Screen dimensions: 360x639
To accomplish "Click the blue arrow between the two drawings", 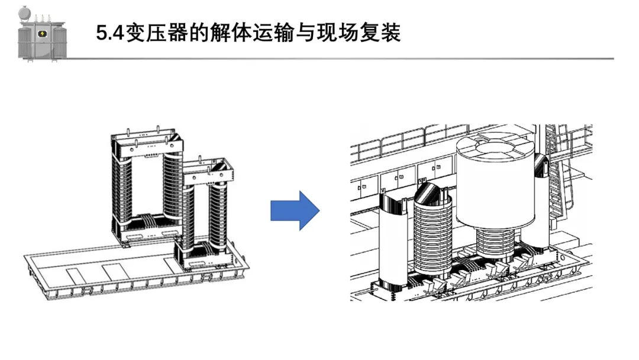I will tap(295, 210).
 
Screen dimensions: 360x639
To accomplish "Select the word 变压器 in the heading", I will tap(154, 33).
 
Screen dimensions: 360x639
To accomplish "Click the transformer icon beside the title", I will tap(41, 34).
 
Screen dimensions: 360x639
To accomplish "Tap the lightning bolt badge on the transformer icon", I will tap(43, 34).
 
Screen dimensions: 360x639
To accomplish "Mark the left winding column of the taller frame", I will tap(123, 189).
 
